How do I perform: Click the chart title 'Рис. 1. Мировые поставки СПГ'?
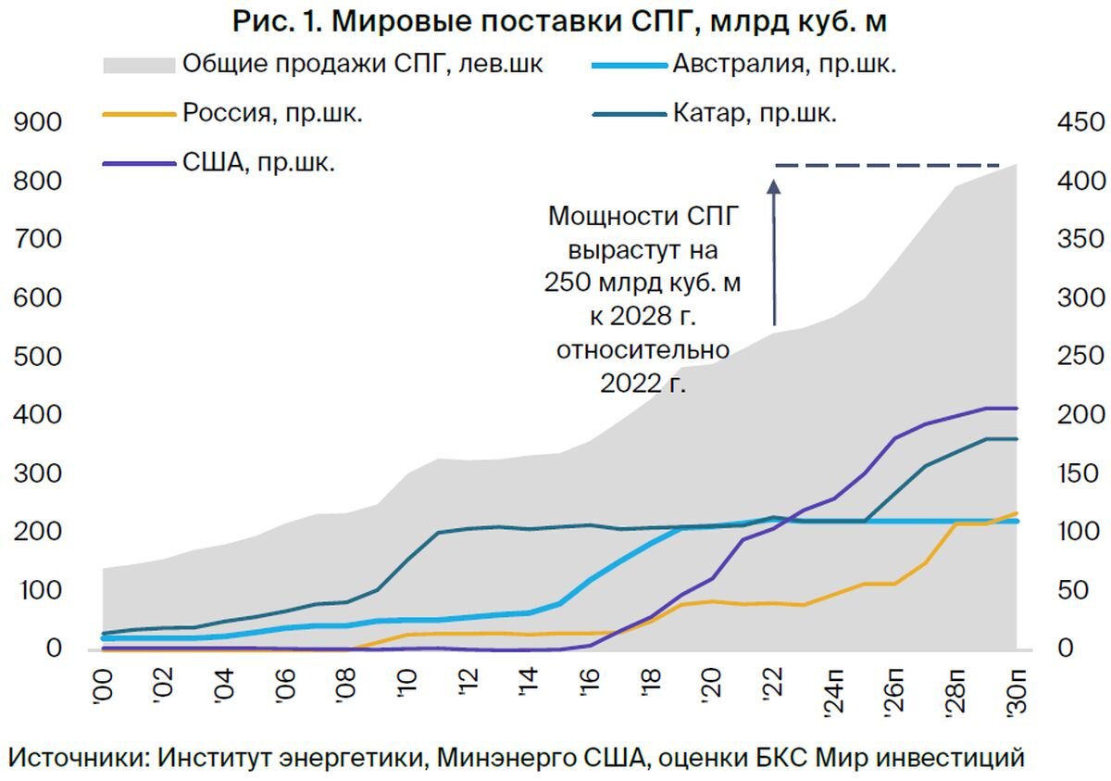[x=559, y=22]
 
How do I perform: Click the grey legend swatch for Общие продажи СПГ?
[x=139, y=65]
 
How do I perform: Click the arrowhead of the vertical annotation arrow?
[x=774, y=185]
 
